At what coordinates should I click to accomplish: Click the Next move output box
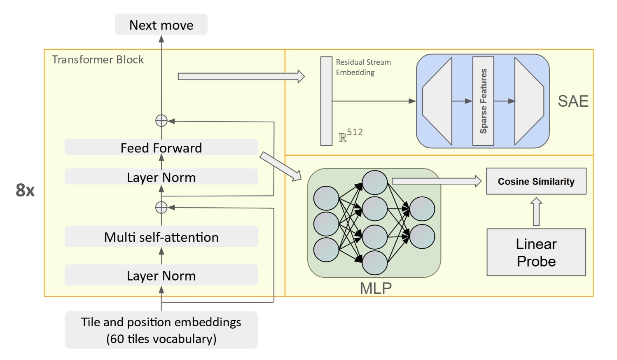click(161, 25)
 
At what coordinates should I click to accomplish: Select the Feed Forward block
click(161, 147)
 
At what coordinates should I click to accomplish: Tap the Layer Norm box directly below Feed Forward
click(161, 177)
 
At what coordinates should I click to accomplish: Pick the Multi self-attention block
click(161, 237)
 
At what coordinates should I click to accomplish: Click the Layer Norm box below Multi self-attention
click(161, 275)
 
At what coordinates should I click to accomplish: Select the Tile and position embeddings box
click(161, 330)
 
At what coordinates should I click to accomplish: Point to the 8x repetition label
click(25, 190)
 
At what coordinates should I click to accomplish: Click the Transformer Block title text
click(98, 60)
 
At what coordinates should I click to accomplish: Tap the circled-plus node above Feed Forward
click(161, 121)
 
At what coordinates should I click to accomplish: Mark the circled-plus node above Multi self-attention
click(161, 207)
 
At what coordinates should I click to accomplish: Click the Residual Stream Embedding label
click(362, 67)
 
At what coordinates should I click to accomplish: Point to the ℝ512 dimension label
click(351, 135)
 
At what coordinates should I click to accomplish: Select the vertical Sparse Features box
click(483, 101)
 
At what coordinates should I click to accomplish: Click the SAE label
click(573, 101)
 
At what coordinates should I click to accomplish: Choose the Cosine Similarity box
click(536, 181)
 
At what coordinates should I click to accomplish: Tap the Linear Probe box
click(536, 252)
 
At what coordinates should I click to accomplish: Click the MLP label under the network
click(376, 288)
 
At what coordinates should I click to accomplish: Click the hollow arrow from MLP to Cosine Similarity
click(437, 181)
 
